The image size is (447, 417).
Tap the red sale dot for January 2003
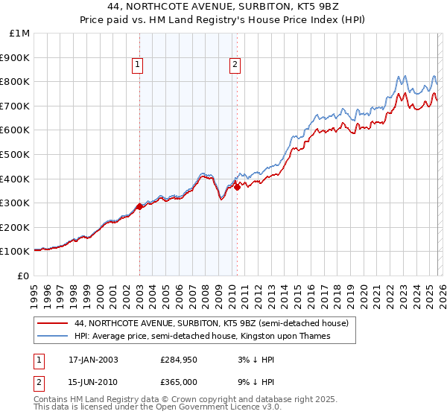click(139, 206)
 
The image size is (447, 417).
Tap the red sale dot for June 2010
click(237, 187)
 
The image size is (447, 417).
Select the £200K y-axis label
click(15, 227)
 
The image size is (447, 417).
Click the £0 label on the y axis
click(22, 276)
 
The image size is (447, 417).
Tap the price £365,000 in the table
click(179, 383)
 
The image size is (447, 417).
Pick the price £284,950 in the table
click(179, 360)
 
